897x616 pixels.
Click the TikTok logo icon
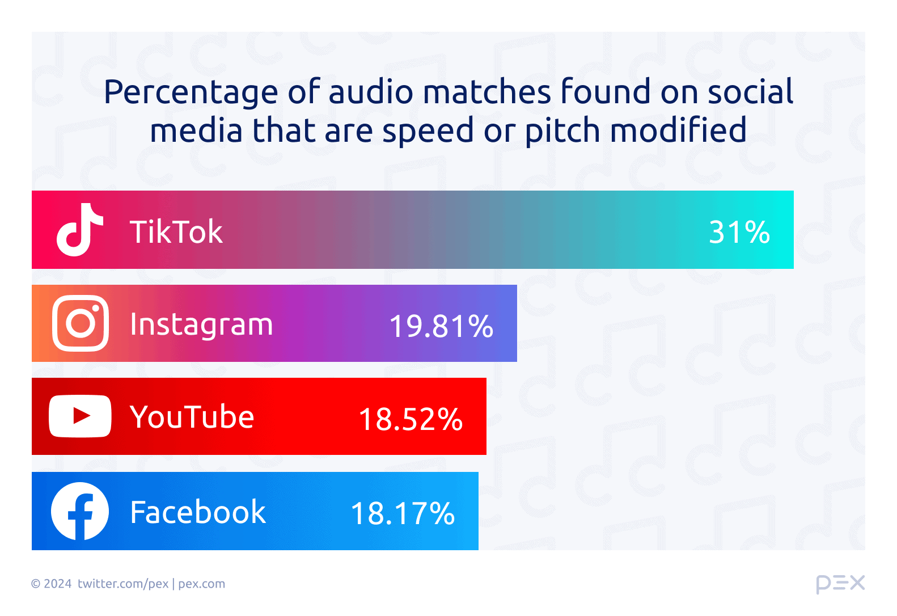pos(80,230)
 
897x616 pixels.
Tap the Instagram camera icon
pos(81,323)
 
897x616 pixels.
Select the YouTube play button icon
pos(80,416)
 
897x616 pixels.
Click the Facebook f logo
pos(80,511)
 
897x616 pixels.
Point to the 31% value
pos(739,232)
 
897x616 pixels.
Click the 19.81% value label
pos(441,326)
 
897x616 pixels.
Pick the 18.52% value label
pos(411,419)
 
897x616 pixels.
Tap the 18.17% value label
pos(403,513)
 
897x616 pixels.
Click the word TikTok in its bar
pos(176,231)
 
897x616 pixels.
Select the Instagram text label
pos(201,325)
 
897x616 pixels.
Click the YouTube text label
pos(192,417)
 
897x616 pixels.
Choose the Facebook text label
pos(198,512)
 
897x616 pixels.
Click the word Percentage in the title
pos(191,92)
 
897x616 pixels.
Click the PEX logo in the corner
pos(840,584)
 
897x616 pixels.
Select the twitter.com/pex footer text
pos(123,584)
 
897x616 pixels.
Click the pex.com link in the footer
pos(201,584)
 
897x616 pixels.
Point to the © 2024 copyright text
pos(51,584)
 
